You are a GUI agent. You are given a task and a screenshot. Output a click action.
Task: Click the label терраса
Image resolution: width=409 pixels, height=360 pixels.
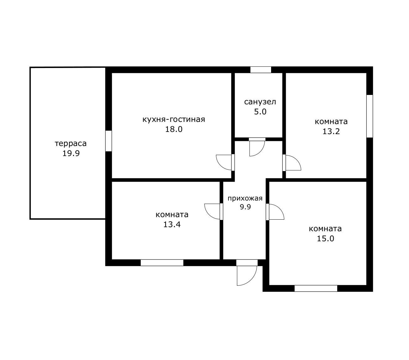pyautogui.click(x=71, y=144)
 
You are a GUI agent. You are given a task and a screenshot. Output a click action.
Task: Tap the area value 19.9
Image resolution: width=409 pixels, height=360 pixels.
pyautogui.click(x=71, y=153)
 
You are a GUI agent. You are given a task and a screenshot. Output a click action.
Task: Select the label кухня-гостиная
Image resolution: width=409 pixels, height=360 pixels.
pyautogui.click(x=174, y=119)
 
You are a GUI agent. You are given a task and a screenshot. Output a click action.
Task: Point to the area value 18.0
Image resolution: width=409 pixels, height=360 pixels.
pyautogui.click(x=174, y=129)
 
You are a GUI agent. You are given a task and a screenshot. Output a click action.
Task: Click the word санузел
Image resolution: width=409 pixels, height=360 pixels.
pyautogui.click(x=260, y=102)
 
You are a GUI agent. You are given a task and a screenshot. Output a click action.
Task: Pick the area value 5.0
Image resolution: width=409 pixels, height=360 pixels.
pyautogui.click(x=260, y=112)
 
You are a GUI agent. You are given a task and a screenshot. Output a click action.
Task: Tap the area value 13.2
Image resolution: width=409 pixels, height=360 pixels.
pyautogui.click(x=331, y=131)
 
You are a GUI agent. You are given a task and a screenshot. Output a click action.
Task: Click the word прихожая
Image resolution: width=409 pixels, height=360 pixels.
pyautogui.click(x=245, y=199)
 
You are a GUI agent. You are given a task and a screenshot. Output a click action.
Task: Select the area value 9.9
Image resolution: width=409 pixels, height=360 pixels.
pyautogui.click(x=245, y=207)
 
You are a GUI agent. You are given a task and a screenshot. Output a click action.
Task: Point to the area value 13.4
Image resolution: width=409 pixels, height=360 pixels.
pyautogui.click(x=172, y=224)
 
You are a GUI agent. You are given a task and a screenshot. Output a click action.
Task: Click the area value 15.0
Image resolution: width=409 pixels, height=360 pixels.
pyautogui.click(x=325, y=238)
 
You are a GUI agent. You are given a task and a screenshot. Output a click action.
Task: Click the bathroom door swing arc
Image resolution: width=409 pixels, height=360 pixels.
pyautogui.click(x=260, y=151)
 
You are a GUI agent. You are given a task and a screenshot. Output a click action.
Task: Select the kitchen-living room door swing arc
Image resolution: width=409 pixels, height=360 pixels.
pyautogui.click(x=220, y=166)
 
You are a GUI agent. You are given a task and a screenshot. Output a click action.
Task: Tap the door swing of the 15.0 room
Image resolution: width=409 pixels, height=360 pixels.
pyautogui.click(x=280, y=209)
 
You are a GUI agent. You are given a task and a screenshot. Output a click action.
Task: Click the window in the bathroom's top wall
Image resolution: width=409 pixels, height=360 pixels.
pyautogui.click(x=261, y=70)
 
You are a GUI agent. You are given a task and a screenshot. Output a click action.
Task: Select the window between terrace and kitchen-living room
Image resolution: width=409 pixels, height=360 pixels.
pyautogui.click(x=109, y=141)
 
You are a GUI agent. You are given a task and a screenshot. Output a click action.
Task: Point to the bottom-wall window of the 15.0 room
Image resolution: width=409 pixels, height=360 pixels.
pyautogui.click(x=316, y=288)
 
